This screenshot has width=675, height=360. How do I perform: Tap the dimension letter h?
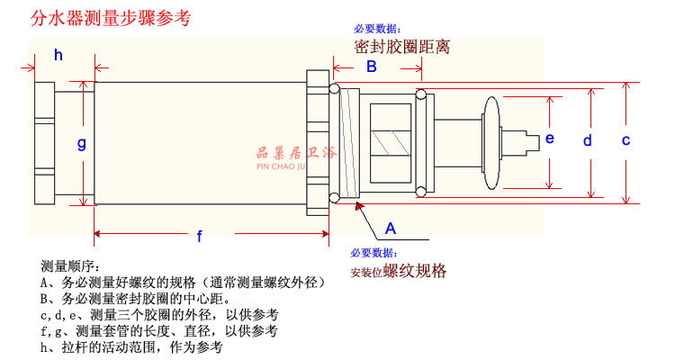(x=58, y=56)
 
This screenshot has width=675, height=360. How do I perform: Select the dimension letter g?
(x=81, y=142)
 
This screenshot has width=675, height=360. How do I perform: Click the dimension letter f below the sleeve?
(x=200, y=237)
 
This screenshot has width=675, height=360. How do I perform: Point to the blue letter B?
(x=370, y=67)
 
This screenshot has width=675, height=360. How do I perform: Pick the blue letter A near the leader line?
(x=390, y=227)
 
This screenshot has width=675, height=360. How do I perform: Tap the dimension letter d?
(x=587, y=140)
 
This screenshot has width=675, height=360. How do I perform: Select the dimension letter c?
(x=625, y=139)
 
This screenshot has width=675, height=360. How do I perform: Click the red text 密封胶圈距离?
(x=401, y=46)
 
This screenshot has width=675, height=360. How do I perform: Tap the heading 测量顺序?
(x=68, y=267)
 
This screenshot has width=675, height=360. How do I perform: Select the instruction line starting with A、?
(x=182, y=283)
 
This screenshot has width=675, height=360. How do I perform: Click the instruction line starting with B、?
(x=135, y=299)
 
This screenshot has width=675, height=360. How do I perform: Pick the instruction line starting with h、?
(x=131, y=347)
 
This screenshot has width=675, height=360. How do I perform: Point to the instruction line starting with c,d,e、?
(x=158, y=315)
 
